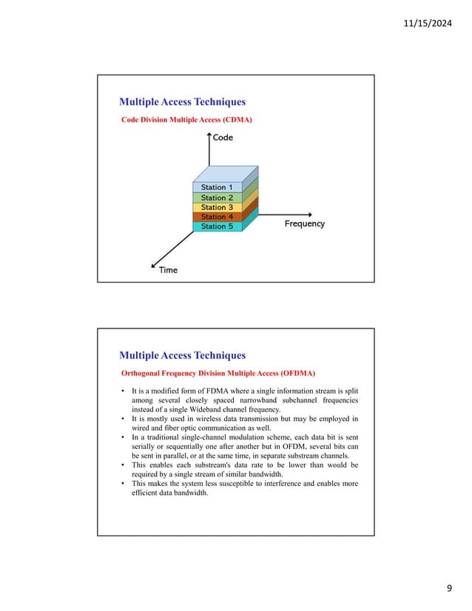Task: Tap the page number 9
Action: tap(448, 588)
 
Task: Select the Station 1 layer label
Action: tap(217, 188)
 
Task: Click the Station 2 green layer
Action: tap(217, 198)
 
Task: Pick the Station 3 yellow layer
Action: tap(217, 208)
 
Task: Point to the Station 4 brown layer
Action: tap(217, 217)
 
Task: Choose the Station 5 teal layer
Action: tap(217, 227)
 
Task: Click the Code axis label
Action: tap(223, 138)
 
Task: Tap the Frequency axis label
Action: tap(305, 223)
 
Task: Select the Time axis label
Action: tap(168, 270)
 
